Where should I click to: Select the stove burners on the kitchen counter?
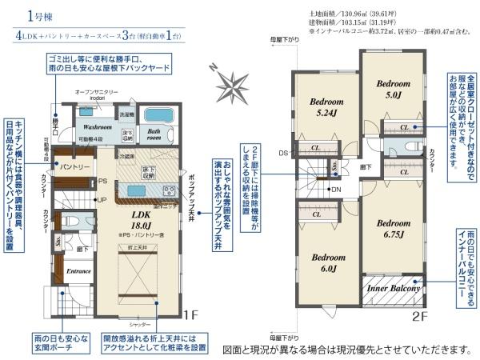pos(169,190)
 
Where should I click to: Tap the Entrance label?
pos(78,271)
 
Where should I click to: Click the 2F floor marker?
pos(420,314)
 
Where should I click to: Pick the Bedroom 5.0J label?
pos(394,88)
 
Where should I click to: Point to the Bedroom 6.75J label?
pos(393,229)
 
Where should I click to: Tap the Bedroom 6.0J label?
pos(327,263)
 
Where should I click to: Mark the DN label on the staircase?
pos(337,189)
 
